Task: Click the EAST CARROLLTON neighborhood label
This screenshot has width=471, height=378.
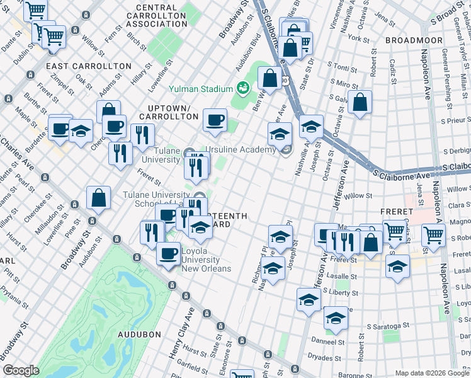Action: point(89,66)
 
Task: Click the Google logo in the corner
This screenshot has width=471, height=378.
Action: point(21,370)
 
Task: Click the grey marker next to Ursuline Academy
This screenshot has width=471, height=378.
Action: point(286,149)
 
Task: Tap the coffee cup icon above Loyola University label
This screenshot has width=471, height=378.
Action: point(167,253)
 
